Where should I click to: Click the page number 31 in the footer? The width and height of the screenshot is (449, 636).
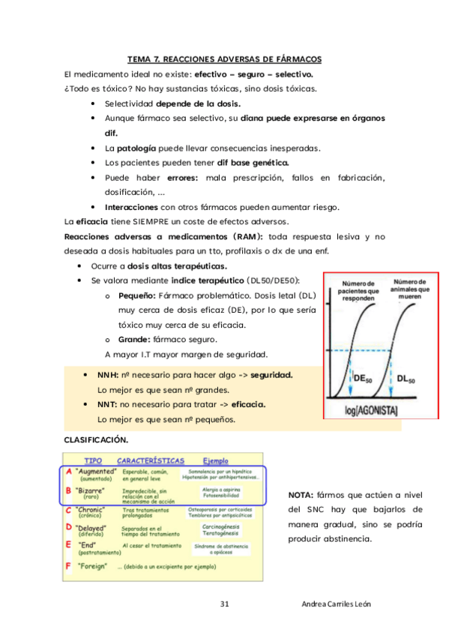[224, 604]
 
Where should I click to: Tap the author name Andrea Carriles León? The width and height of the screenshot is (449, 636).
[336, 604]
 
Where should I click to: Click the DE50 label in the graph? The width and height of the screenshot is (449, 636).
[363, 379]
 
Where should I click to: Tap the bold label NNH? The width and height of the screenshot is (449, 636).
[110, 375]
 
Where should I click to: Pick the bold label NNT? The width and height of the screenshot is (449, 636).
[109, 405]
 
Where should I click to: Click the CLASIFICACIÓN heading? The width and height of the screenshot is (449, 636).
[95, 439]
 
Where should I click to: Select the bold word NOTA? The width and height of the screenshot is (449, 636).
[301, 495]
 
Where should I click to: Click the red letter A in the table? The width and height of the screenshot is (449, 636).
[68, 472]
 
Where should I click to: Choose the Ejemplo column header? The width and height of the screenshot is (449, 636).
[217, 460]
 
